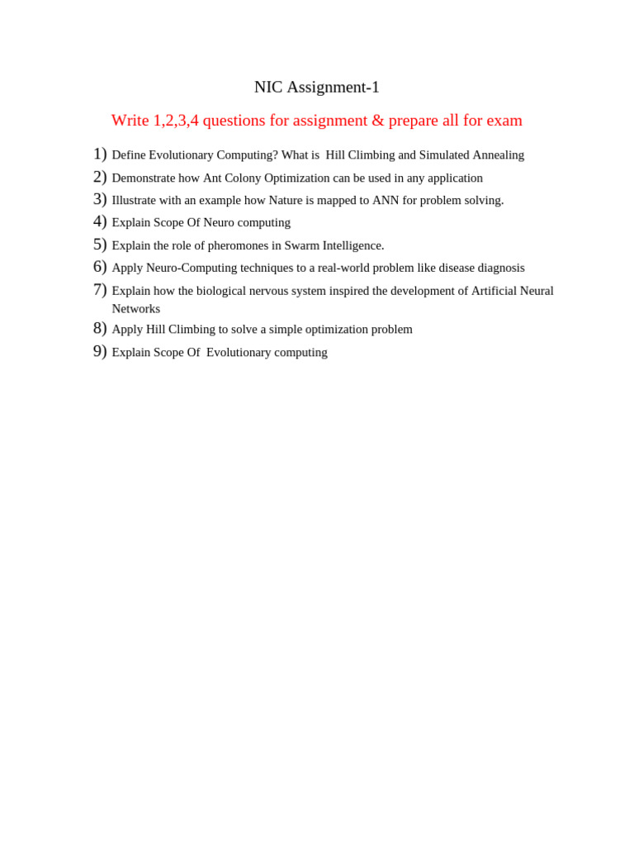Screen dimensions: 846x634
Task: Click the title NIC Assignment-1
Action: (x=316, y=87)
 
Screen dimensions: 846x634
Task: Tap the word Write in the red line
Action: (x=130, y=121)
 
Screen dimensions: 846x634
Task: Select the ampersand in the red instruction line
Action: (x=378, y=121)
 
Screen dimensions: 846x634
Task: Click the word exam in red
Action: (x=504, y=121)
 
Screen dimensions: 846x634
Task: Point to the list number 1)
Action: (x=100, y=154)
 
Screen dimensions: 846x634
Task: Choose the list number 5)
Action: (x=100, y=245)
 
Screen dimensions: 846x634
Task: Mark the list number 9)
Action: (x=100, y=351)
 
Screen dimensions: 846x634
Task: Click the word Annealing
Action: (x=498, y=155)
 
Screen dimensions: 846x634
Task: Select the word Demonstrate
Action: (x=144, y=178)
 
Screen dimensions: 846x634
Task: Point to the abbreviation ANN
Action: (x=386, y=200)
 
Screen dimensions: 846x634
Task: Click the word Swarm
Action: (x=301, y=245)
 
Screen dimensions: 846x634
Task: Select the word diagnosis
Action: (x=499, y=268)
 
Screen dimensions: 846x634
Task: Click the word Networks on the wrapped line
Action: (x=136, y=309)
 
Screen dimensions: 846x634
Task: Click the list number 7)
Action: (x=100, y=290)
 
